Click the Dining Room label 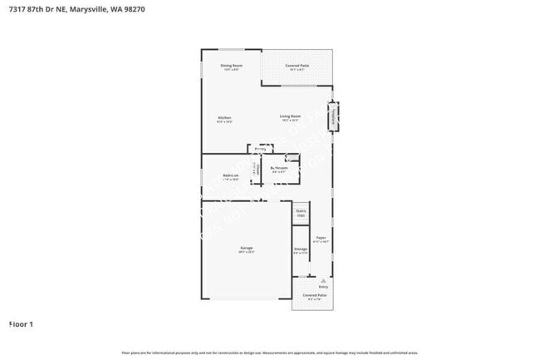coord(231,67)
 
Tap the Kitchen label coord(224,119)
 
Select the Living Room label coord(289,119)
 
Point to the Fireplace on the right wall coord(335,116)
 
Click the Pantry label coord(260,150)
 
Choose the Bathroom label coord(279,169)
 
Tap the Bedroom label coord(231,176)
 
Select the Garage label coord(247,249)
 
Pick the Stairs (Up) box coord(301,213)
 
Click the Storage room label coord(300,249)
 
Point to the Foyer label coord(321,239)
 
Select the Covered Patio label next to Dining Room coord(297,67)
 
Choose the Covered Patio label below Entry coord(313,296)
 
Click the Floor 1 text coord(21,323)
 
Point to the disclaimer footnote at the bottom coord(269,353)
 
